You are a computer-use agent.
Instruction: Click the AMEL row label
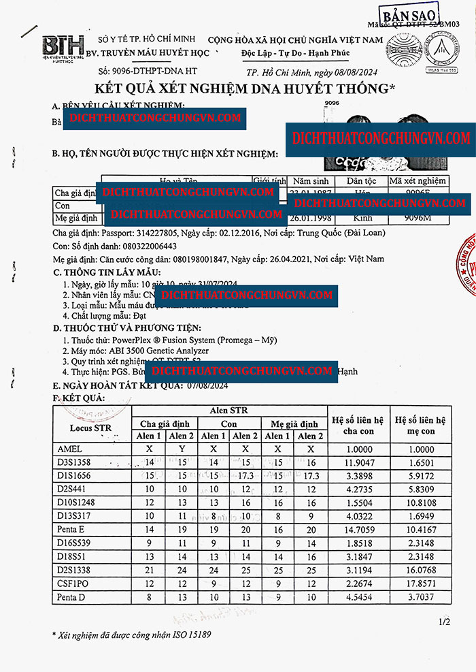coord(69,449)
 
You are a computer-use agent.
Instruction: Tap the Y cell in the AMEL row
coord(182,449)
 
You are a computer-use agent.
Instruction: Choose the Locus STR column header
coord(91,427)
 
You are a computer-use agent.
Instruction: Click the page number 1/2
coord(444,622)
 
